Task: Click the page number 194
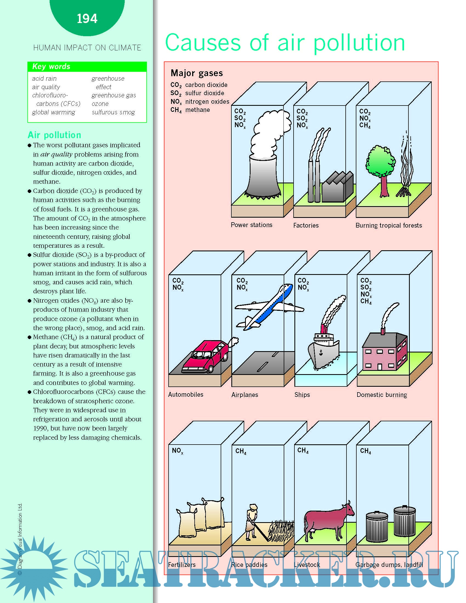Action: (x=87, y=19)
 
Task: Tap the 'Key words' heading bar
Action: (x=87, y=67)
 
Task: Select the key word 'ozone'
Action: (x=100, y=104)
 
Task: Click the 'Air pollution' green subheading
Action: (x=54, y=135)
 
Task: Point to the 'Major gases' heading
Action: (x=197, y=73)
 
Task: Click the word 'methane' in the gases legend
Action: (x=197, y=110)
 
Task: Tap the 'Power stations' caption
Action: (x=251, y=225)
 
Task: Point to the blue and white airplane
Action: (x=269, y=306)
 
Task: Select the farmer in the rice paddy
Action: (x=251, y=522)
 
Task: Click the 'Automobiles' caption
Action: (x=186, y=394)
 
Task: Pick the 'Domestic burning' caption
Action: (x=382, y=395)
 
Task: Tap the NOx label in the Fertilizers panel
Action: (x=178, y=451)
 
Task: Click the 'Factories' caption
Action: (x=306, y=226)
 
